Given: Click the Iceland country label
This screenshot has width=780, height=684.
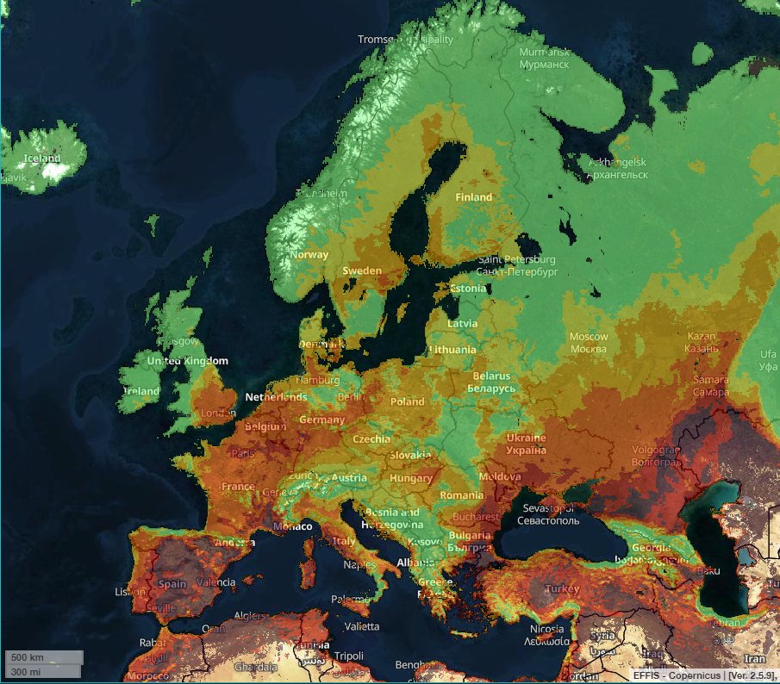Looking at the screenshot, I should point(41,159).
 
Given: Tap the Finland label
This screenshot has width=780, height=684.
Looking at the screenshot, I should point(473,197).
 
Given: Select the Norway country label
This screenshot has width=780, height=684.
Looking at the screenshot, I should point(309,254).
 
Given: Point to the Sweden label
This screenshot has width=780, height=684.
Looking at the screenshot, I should point(362,270).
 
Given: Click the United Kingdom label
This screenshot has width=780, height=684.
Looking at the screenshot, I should point(187,361).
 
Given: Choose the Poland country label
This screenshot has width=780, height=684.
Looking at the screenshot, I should point(407,401).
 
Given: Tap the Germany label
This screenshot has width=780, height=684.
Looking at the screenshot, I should point(321,420).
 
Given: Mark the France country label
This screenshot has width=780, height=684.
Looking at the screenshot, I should point(238,486).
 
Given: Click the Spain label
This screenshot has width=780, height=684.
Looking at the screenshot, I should point(172,583).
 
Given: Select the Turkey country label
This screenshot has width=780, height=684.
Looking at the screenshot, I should point(562,589).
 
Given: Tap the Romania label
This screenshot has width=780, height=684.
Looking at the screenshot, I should point(461,495).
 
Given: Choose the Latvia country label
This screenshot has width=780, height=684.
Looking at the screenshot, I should point(463,323).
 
